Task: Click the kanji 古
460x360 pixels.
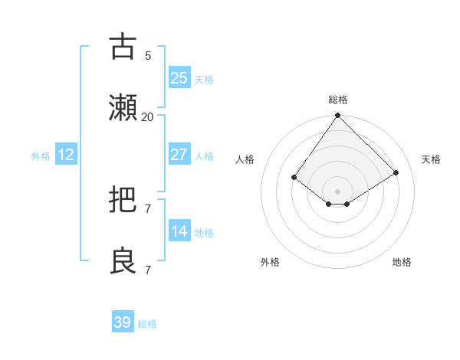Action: (123, 47)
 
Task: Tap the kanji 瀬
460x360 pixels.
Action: (123, 108)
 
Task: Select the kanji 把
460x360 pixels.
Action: (123, 201)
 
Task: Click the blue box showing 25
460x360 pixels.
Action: (179, 78)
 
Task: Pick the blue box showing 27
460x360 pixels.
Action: (179, 155)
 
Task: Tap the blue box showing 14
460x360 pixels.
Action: (179, 231)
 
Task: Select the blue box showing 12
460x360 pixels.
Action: (66, 155)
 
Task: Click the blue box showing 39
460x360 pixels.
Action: (123, 322)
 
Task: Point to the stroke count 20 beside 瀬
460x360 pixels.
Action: (147, 116)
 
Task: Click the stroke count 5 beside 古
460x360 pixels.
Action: (147, 55)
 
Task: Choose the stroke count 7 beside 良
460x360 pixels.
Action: (147, 270)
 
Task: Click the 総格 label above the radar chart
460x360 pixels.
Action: (338, 100)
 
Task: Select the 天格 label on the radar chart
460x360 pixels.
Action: (431, 159)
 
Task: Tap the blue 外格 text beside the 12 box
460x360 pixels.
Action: (41, 155)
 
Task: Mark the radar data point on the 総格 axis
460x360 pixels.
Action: (338, 116)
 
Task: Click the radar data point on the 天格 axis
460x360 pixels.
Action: (396, 172)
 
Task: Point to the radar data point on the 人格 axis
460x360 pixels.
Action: (294, 177)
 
